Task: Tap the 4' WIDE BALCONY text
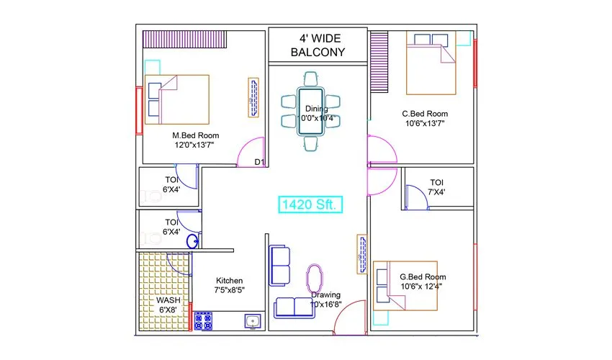[318, 45]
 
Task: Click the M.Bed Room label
[195, 140]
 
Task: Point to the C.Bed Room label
[425, 118]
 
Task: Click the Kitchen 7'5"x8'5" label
[230, 285]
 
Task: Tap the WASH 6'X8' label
[168, 305]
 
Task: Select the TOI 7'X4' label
[437, 187]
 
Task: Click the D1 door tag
[260, 163]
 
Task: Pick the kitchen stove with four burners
[203, 320]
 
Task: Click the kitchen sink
[251, 321]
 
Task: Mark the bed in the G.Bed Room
[405, 285]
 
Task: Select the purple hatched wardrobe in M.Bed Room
[184, 39]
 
